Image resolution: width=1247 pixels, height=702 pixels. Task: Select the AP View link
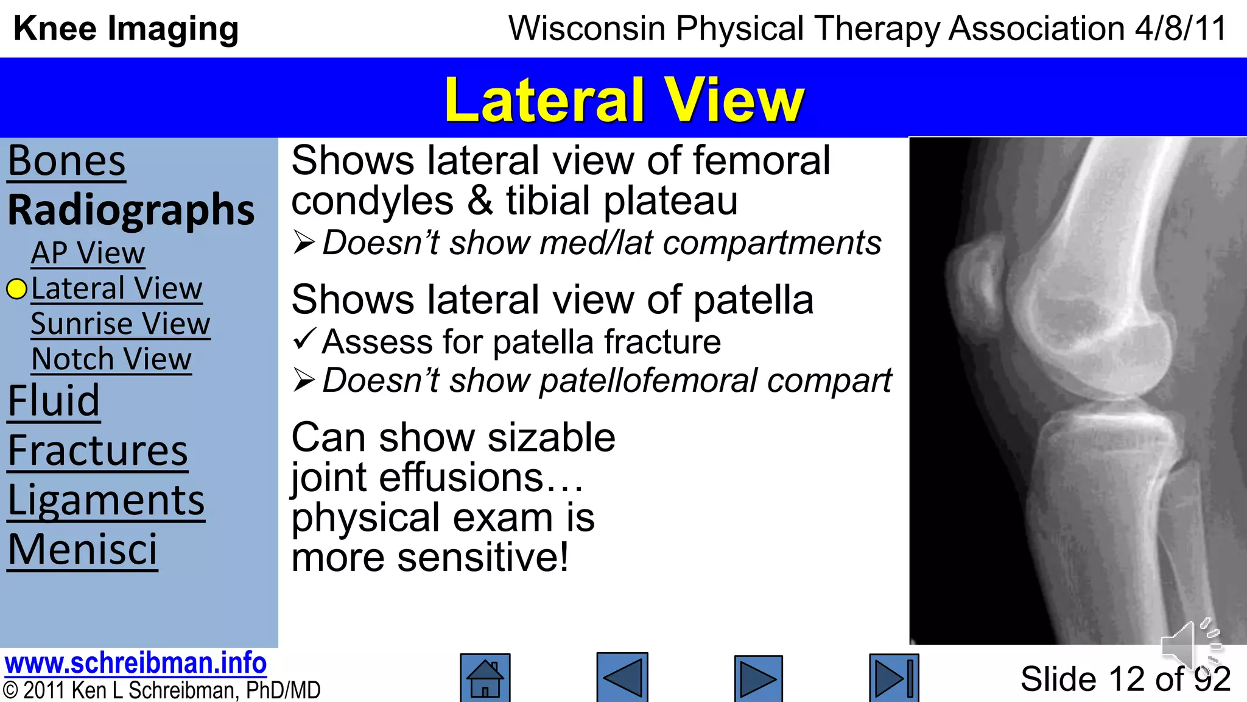(x=88, y=253)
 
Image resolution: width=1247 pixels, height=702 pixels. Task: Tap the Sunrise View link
(x=120, y=324)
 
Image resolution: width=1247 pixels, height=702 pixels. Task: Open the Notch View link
(x=111, y=359)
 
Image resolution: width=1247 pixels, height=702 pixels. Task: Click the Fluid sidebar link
(x=54, y=400)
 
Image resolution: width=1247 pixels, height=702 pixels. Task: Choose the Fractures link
(x=97, y=451)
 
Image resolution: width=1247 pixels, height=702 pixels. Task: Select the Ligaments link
(x=106, y=501)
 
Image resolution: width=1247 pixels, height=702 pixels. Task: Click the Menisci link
(x=82, y=550)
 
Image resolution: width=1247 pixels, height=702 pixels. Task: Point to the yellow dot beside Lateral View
(x=17, y=289)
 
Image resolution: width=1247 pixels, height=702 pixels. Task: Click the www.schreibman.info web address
(x=135, y=663)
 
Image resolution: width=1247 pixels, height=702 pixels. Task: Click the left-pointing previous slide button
(x=622, y=678)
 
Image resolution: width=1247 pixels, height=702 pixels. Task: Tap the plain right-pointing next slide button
(x=758, y=678)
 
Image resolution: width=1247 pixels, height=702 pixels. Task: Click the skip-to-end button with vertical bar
(x=893, y=678)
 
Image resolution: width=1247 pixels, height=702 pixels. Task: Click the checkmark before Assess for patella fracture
(x=304, y=339)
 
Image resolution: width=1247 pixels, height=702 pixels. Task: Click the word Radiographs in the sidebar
(x=131, y=210)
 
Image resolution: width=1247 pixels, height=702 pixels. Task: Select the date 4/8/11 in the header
(x=1180, y=29)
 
